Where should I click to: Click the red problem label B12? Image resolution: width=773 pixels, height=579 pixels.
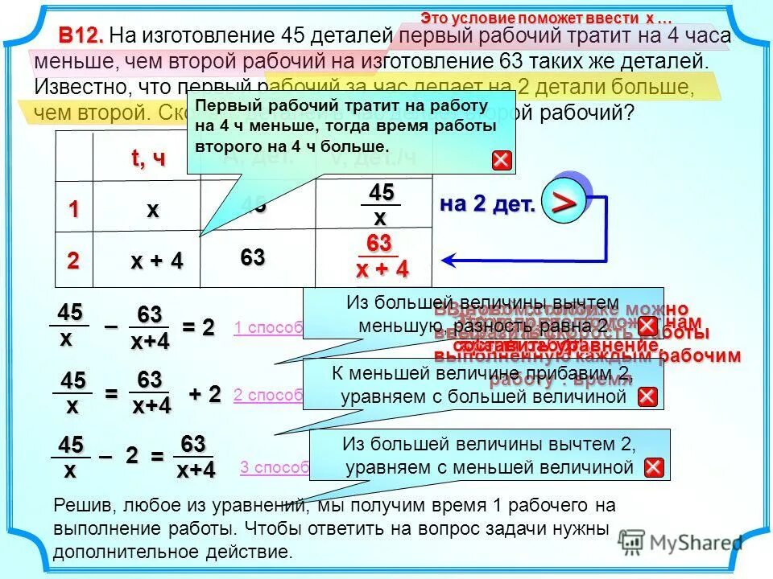[x=81, y=36]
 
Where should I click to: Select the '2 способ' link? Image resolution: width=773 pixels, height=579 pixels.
[x=267, y=395]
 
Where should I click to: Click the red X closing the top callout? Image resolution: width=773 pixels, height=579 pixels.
[x=502, y=160]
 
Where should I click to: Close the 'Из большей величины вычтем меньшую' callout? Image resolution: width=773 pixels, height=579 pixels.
[x=647, y=326]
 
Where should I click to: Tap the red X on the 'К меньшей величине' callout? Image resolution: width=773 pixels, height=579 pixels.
[x=647, y=396]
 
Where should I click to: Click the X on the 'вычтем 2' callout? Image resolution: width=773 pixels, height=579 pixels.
[x=654, y=468]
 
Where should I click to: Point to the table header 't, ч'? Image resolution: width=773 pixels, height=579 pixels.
[x=148, y=158]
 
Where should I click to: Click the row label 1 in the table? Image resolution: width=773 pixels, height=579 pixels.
[x=73, y=210]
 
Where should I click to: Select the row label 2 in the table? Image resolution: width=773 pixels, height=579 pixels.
[x=73, y=261]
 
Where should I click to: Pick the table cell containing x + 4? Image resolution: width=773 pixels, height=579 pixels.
[x=157, y=261]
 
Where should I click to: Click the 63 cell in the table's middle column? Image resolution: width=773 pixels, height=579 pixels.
[x=252, y=258]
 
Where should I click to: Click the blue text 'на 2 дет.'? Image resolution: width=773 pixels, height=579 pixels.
[x=487, y=204]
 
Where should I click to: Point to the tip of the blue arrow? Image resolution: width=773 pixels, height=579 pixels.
[x=444, y=260]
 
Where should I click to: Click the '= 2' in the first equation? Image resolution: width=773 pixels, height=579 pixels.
[x=198, y=327]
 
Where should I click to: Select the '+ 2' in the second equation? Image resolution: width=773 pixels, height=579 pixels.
[x=205, y=394]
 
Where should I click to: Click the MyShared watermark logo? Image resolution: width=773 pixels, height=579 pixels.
[x=680, y=542]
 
